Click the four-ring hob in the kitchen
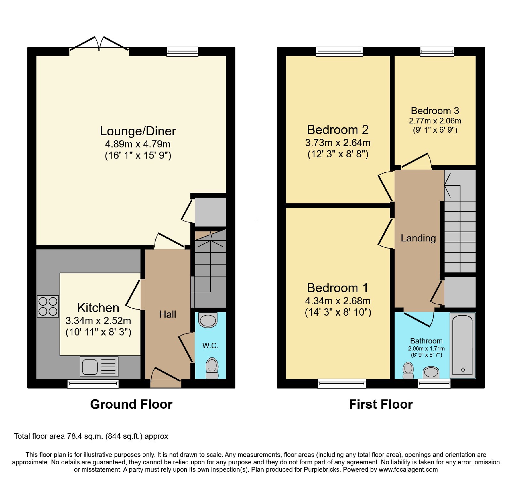48,306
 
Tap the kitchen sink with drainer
99,366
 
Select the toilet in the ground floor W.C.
212,368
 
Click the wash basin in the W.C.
208,320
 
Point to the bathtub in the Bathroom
462,345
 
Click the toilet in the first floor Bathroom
408,370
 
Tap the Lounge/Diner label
138,131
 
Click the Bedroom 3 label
435,111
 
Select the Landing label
418,238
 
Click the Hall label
168,314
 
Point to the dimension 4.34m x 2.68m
338,301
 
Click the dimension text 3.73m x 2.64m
338,143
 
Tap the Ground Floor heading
131,404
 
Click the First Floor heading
381,404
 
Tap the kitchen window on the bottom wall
93,384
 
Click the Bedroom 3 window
437,51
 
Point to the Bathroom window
434,384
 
